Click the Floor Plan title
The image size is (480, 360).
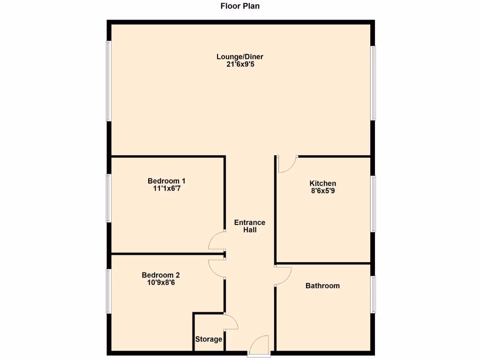pyautogui.click(x=240, y=6)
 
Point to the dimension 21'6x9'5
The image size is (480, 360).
pyautogui.click(x=240, y=64)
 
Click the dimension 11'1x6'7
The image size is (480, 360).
pyautogui.click(x=166, y=188)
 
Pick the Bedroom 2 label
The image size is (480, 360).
pyautogui.click(x=161, y=275)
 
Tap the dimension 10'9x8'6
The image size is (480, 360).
pyautogui.click(x=161, y=283)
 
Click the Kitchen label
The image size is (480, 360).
pyautogui.click(x=322, y=183)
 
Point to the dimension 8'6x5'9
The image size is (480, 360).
pyautogui.click(x=322, y=191)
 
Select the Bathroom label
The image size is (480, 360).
pyautogui.click(x=322, y=285)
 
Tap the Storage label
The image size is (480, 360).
pyautogui.click(x=209, y=339)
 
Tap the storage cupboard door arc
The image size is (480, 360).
pyautogui.click(x=232, y=322)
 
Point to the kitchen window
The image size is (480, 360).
pyautogui.click(x=374, y=204)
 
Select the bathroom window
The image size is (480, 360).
pyautogui.click(x=374, y=294)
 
